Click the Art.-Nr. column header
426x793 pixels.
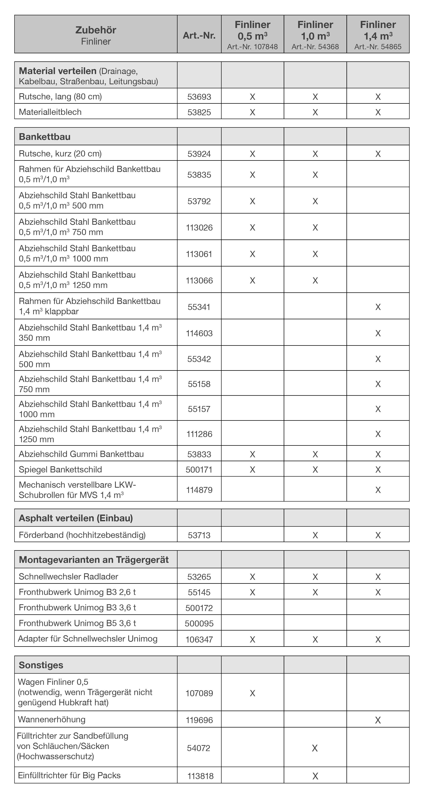tap(199, 35)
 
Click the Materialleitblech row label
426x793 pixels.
tap(50, 112)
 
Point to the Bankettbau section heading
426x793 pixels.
tap(45, 137)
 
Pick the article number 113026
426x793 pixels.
tap(199, 228)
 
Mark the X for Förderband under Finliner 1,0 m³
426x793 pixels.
tap(315, 535)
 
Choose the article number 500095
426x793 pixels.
tap(199, 623)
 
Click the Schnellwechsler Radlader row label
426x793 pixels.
tap(68, 577)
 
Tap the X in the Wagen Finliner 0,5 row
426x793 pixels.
tap(252, 693)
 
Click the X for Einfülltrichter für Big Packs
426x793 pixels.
tap(315, 776)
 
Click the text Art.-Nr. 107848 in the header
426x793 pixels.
tap(252, 47)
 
